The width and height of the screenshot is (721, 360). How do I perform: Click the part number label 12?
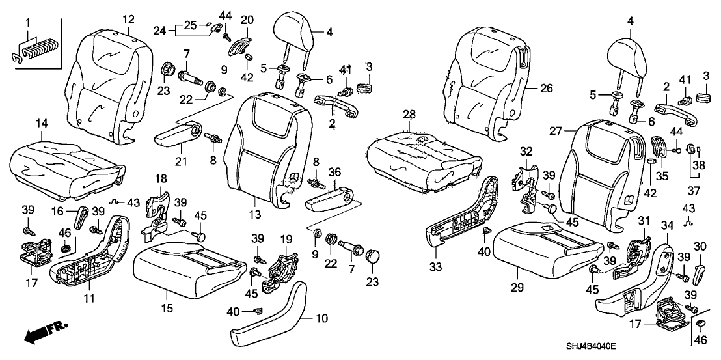click(128, 18)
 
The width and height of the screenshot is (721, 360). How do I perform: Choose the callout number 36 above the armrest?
click(334, 172)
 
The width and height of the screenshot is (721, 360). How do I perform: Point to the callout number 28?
click(408, 115)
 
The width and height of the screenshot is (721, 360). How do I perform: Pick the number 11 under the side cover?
click(89, 298)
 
